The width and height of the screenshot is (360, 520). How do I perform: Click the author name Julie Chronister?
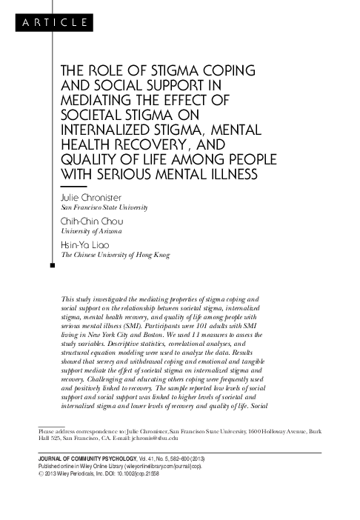88,199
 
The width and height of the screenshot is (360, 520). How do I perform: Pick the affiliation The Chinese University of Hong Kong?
115,254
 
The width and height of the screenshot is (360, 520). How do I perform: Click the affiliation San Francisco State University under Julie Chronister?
104,208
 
